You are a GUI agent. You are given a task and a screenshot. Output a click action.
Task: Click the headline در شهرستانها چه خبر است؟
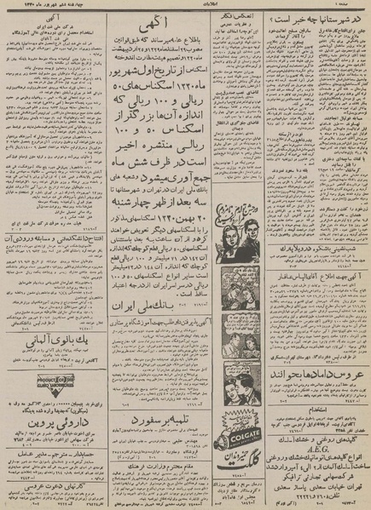point(322,18)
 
